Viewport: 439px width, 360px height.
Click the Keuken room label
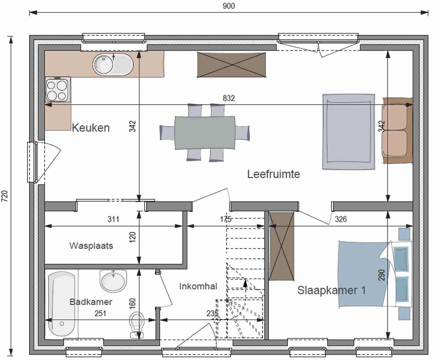[91, 128]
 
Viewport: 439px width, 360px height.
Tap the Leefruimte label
[274, 174]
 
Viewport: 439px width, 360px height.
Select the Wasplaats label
[91, 246]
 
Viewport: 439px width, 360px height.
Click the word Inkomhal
[198, 286]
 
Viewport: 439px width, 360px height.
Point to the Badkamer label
[91, 302]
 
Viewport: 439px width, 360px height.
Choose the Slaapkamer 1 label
[331, 290]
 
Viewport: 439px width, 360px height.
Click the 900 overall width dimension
[229, 6]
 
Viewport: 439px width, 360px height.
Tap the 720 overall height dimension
[5, 196]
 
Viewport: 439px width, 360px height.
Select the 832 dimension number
[229, 98]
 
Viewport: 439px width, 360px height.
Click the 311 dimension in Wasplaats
[113, 219]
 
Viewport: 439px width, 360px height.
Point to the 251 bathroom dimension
[100, 314]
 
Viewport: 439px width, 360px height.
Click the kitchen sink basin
[113, 64]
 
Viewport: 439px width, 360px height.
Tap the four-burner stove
[58, 90]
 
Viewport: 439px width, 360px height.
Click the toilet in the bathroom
[137, 325]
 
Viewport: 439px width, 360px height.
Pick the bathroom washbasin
[113, 281]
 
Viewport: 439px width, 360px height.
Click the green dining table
[205, 133]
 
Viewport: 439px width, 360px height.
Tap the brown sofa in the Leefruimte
[397, 131]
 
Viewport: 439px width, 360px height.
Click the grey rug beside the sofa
[349, 132]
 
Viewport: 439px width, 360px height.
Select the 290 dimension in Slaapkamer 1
[382, 275]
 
